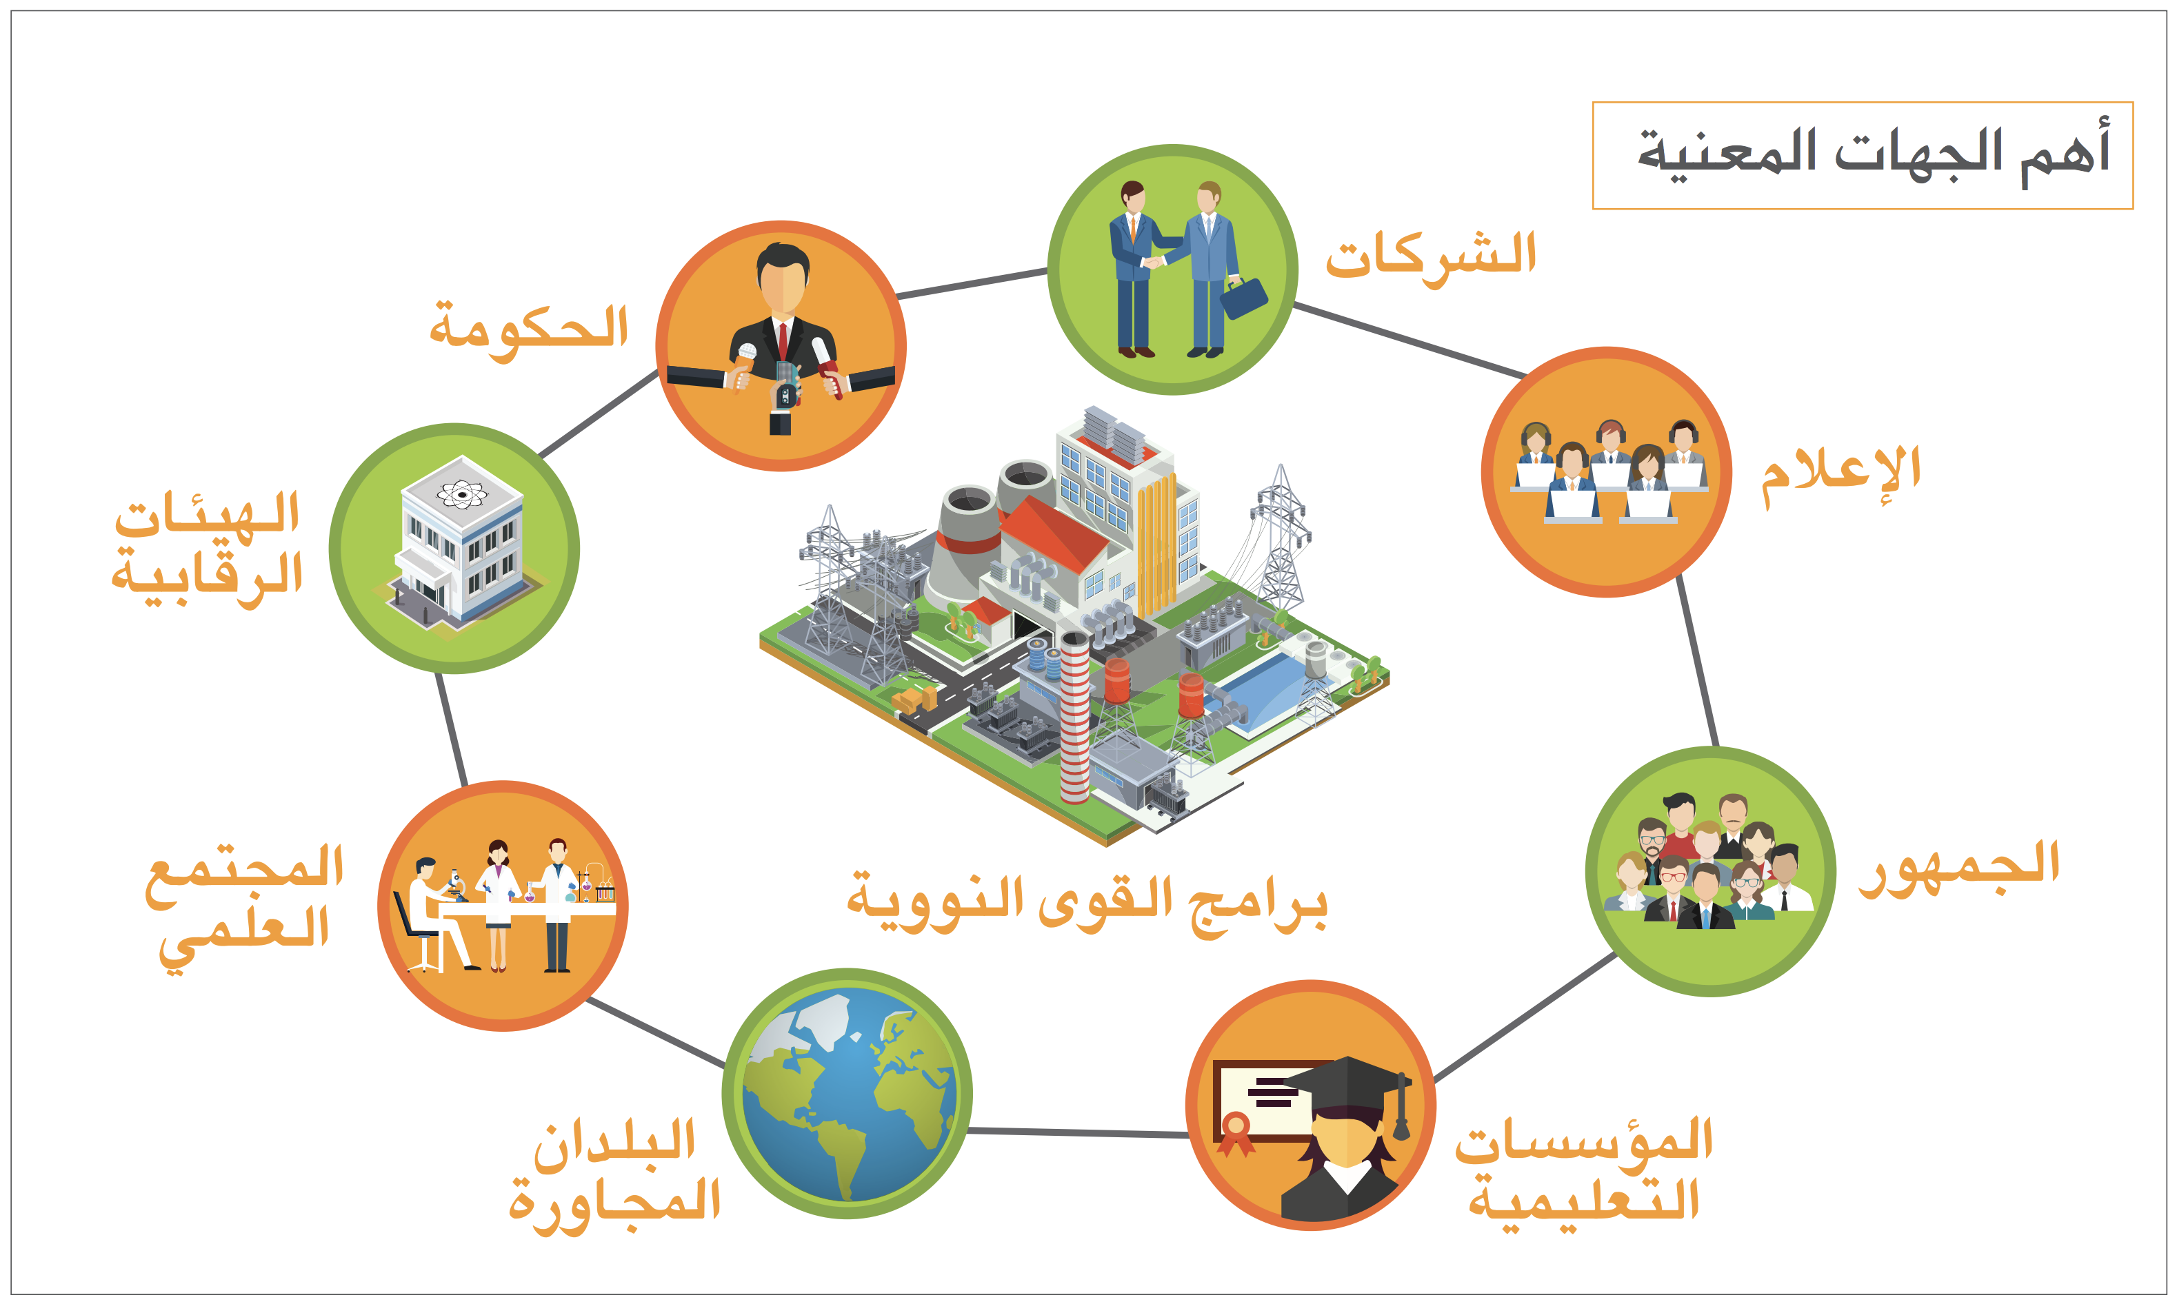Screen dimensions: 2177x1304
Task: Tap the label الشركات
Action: pyautogui.click(x=1431, y=256)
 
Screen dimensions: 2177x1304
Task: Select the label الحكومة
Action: pyautogui.click(x=529, y=329)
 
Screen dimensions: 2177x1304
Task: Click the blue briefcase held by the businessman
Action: pyautogui.click(x=1243, y=298)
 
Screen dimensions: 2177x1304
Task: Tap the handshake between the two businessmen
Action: pyautogui.click(x=1152, y=261)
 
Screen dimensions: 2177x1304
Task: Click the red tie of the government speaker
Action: pyautogui.click(x=782, y=342)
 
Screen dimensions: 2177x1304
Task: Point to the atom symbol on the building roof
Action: pyautogui.click(x=461, y=495)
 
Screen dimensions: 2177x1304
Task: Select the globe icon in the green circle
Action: pyautogui.click(x=847, y=1093)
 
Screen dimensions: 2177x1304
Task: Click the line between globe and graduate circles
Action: pyautogui.click(x=1078, y=1132)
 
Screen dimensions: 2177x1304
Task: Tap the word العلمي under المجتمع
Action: pyautogui.click(x=243, y=939)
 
